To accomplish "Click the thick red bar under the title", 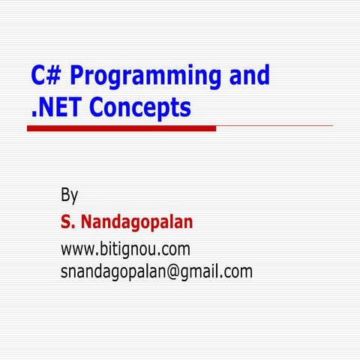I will tap(121, 128).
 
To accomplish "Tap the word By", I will tap(69, 196).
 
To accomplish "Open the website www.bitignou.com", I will tap(125, 248).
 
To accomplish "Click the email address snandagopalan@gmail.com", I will tap(156, 271).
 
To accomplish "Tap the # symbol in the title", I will tap(56, 76).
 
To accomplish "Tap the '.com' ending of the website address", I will tap(174, 248).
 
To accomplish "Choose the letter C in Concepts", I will tap(97, 109).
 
